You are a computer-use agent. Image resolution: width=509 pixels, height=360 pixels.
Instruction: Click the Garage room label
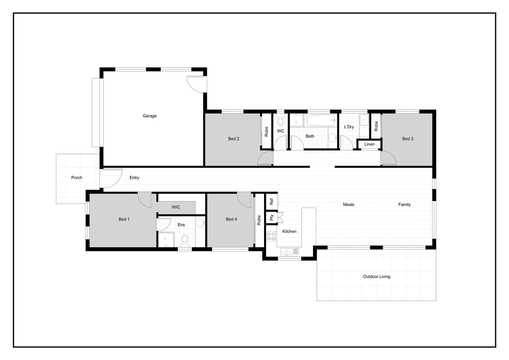(150, 116)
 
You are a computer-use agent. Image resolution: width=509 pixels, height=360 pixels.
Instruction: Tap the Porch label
(77, 178)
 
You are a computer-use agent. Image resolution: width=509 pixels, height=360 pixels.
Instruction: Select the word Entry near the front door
(134, 178)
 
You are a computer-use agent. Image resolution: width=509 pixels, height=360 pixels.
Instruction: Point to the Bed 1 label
(124, 219)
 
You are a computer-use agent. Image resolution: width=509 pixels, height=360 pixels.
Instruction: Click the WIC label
(176, 207)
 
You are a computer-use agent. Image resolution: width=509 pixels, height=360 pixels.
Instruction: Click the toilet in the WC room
(280, 120)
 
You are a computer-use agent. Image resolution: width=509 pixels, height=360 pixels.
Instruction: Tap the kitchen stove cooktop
(271, 236)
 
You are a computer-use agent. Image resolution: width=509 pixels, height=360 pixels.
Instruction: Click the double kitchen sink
(286, 252)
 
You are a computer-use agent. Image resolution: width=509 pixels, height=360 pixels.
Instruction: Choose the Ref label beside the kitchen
(271, 202)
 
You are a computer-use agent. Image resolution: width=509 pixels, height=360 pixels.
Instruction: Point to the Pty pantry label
(271, 217)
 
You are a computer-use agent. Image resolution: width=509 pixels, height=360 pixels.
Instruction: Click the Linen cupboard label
(369, 144)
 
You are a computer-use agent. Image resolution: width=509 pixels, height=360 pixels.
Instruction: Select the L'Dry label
(349, 127)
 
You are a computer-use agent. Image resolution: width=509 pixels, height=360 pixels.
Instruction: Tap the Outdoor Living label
(376, 277)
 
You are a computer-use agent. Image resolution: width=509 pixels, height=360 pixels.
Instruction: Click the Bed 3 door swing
(388, 158)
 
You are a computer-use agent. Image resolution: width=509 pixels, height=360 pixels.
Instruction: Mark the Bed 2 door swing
(265, 158)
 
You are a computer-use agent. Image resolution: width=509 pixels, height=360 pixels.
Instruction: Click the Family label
(404, 205)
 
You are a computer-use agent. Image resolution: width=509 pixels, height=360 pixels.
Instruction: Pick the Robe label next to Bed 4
(259, 220)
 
